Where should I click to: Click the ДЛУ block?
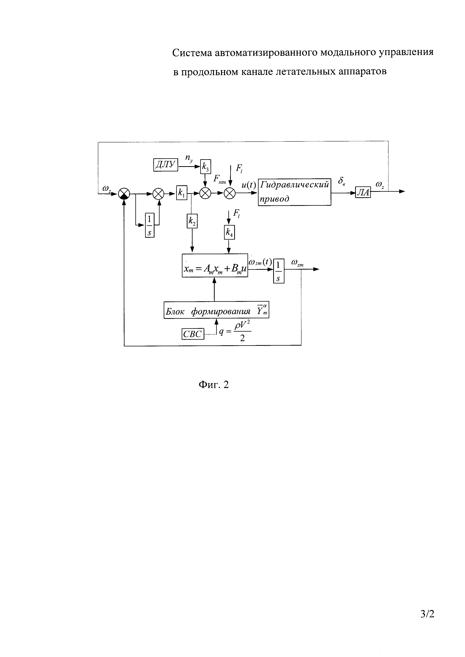(166, 165)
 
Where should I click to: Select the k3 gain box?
(205, 166)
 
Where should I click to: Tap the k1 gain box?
(181, 194)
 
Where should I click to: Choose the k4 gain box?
(229, 233)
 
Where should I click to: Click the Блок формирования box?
(216, 310)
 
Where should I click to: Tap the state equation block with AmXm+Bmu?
(215, 265)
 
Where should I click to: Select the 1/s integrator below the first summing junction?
(149, 225)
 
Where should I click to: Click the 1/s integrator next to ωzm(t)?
(279, 271)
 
